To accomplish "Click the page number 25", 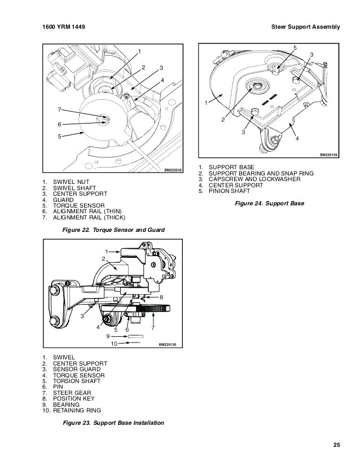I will [336, 445].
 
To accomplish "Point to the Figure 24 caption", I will [269, 203].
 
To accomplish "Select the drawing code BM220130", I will [168, 344].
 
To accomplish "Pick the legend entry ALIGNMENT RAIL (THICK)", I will [89, 217].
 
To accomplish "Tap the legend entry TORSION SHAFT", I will [77, 381].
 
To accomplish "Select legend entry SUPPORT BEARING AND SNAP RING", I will [261, 173].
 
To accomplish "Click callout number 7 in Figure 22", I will [59, 109].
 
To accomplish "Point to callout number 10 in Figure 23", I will [113, 344].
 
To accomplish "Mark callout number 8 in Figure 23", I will [161, 297].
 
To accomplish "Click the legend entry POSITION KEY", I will [75, 399].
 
